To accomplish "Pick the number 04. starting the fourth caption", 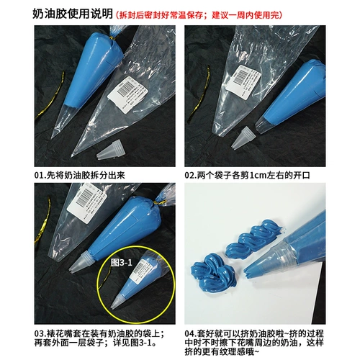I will click(192, 333).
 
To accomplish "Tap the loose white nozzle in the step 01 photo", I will click(107, 149).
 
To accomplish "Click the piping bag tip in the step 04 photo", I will click(252, 271).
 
